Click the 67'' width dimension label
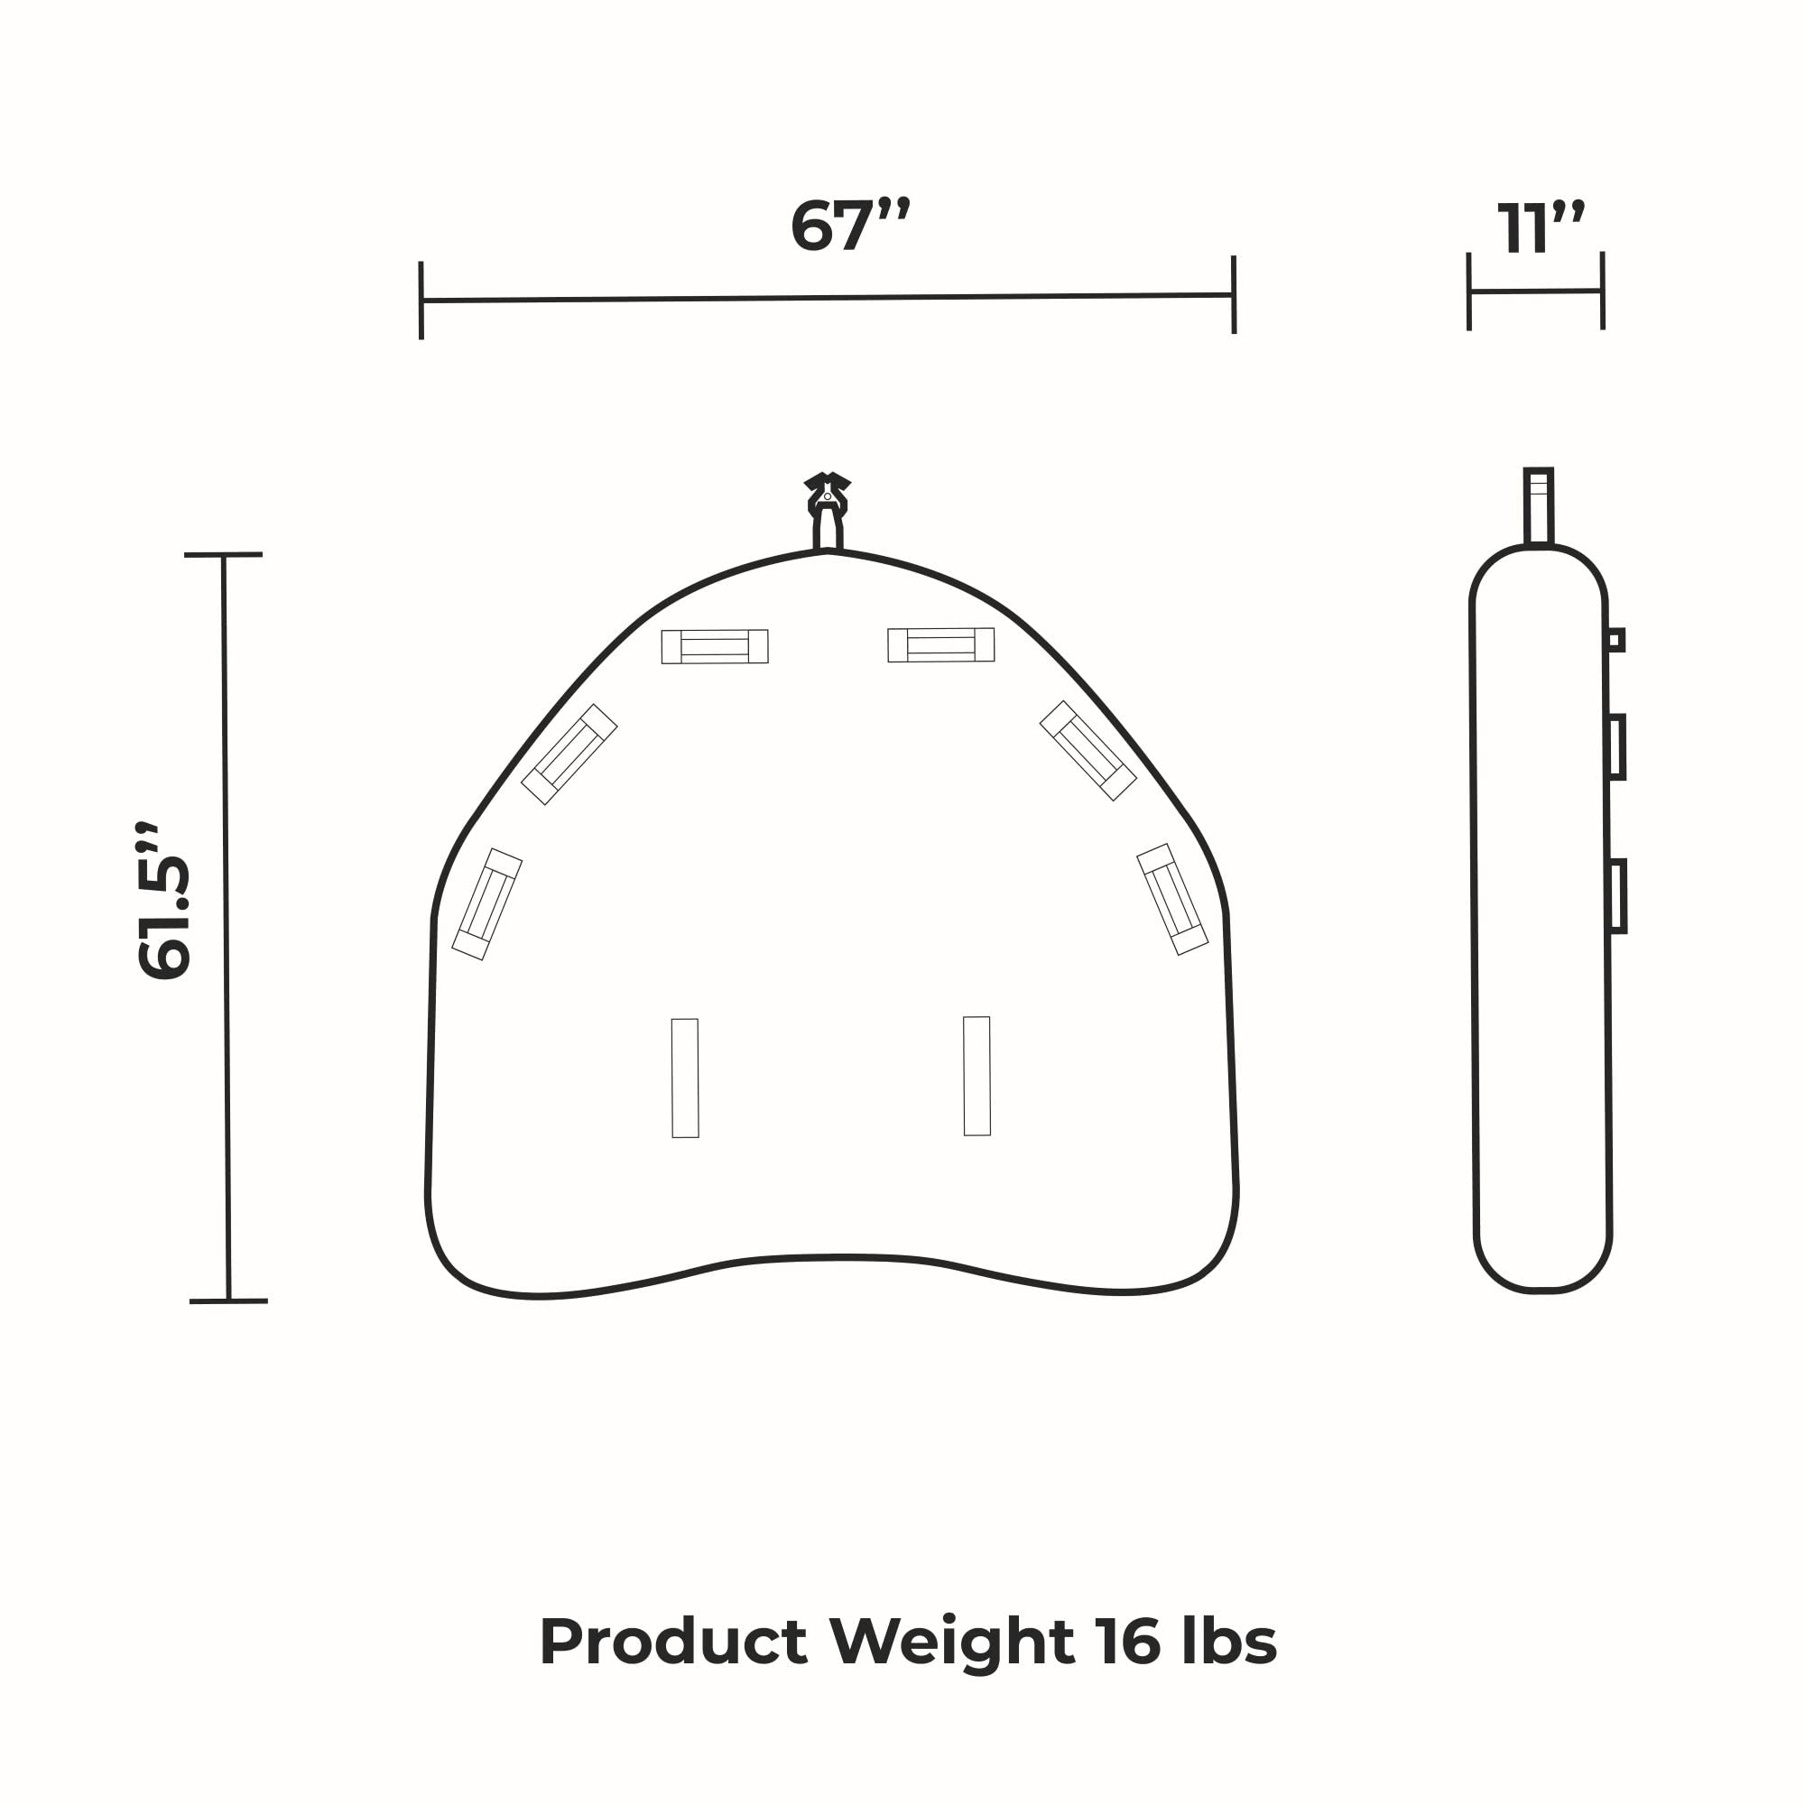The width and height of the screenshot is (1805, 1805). click(x=849, y=224)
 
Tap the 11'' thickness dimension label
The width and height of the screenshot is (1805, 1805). click(x=1541, y=227)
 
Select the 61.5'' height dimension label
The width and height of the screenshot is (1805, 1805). click(x=164, y=902)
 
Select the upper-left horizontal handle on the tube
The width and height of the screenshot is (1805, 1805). click(x=715, y=646)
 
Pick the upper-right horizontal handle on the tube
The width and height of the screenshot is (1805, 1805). click(x=940, y=644)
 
